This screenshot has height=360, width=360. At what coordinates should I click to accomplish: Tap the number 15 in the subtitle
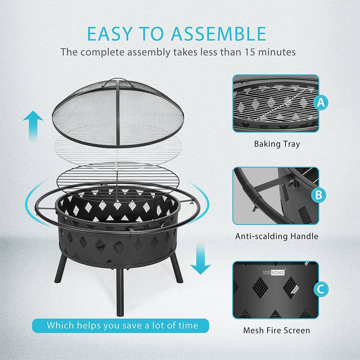tap(253, 52)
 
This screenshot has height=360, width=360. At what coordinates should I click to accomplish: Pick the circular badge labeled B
tap(319, 195)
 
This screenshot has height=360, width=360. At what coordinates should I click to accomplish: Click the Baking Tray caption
tap(276, 144)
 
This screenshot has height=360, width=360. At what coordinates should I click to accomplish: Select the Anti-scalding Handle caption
tap(276, 236)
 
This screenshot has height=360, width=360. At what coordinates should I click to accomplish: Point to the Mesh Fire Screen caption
tap(276, 330)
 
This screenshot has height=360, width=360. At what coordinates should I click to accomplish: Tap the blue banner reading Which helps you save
tap(122, 325)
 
